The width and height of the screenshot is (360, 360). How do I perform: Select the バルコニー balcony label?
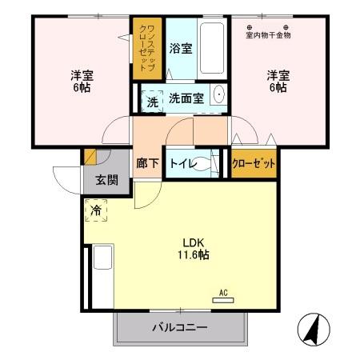tap(181, 327)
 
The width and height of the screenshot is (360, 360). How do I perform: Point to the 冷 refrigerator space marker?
tap(95, 212)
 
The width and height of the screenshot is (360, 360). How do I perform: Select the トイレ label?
tap(181, 162)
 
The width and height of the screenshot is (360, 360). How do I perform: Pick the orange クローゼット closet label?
tap(254, 163)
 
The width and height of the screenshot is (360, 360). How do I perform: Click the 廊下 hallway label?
tap(147, 163)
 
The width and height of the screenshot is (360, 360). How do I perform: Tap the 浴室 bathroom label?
tap(181, 49)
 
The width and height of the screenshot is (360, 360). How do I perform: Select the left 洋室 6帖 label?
tap(81, 82)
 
